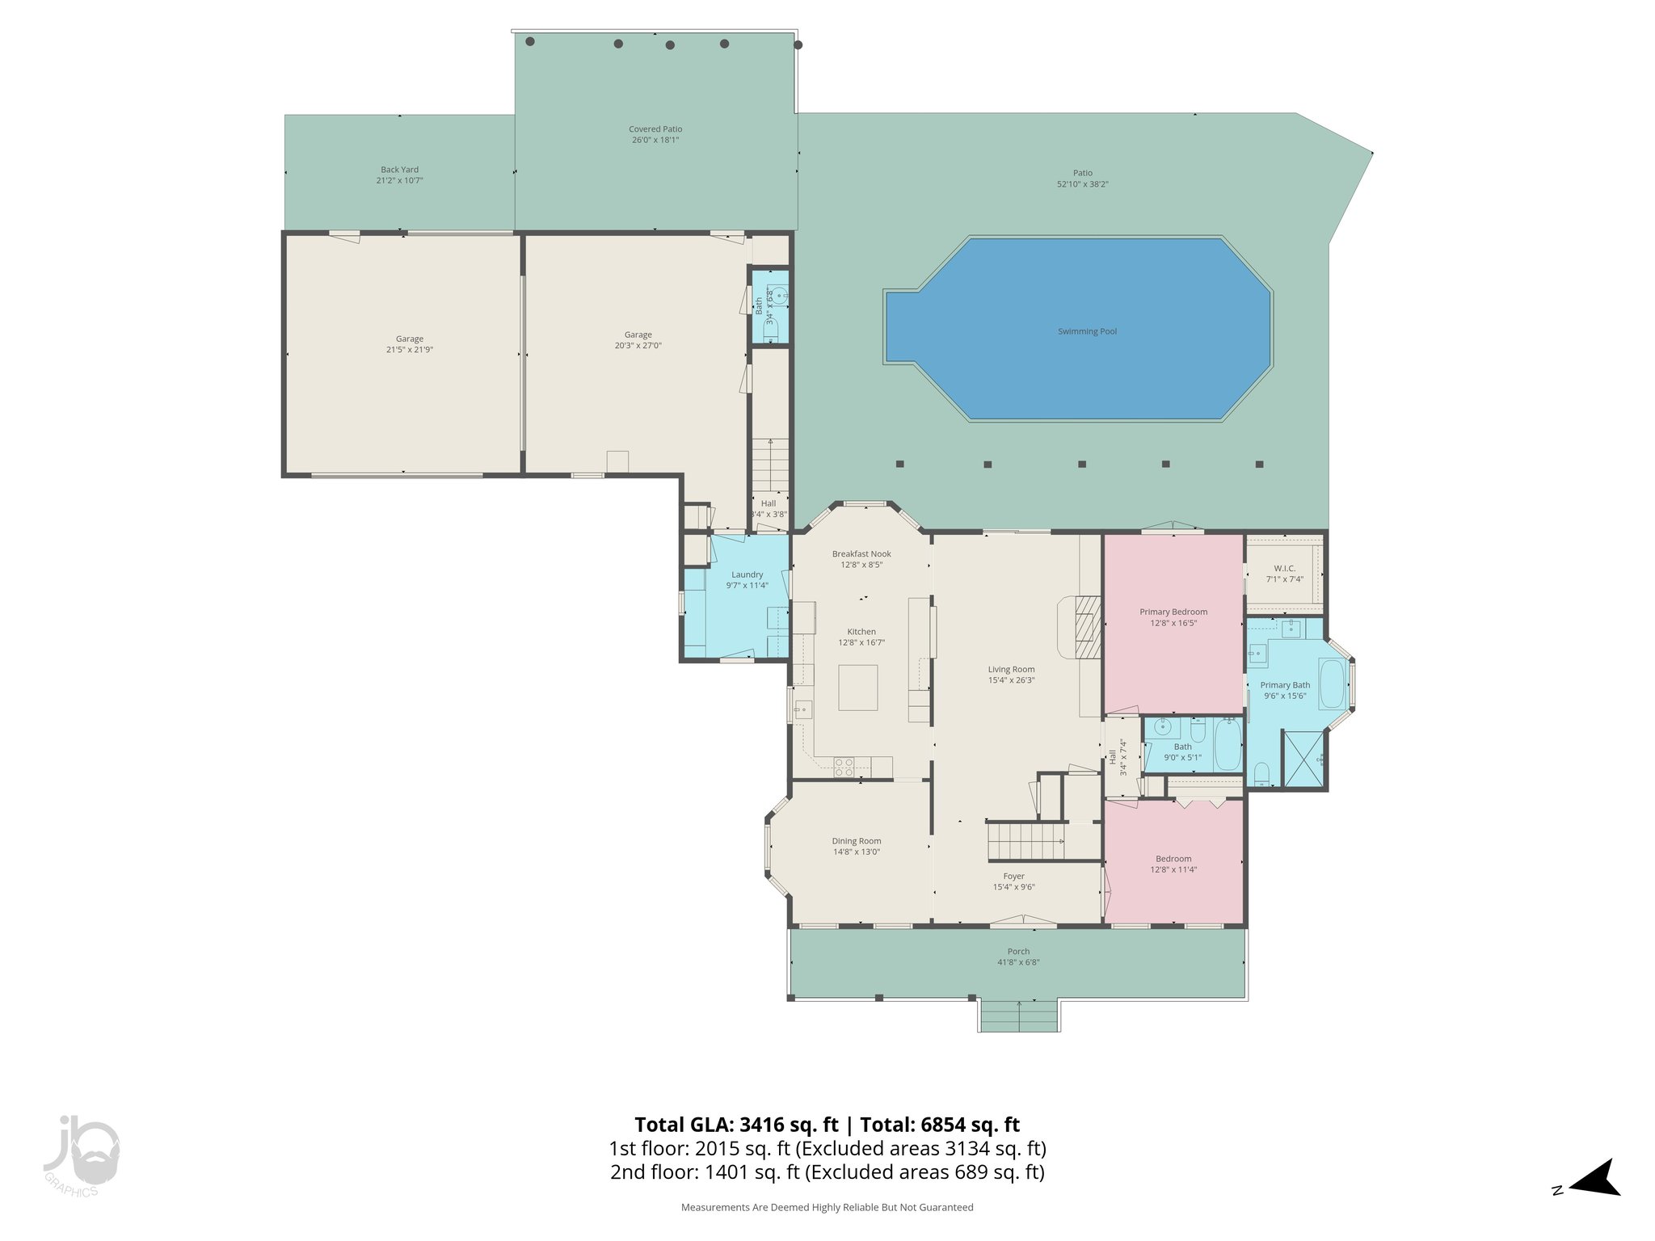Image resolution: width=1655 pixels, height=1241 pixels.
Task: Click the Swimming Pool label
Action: (1087, 331)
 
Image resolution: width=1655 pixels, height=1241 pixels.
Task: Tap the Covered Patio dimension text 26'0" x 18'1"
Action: (655, 140)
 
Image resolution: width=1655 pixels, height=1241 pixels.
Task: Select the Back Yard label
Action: (399, 170)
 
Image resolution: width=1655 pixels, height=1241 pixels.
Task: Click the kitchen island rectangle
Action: (857, 687)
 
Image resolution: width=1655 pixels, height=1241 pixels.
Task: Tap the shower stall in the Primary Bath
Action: (1303, 758)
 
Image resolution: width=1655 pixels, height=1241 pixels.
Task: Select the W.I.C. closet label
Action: (1284, 568)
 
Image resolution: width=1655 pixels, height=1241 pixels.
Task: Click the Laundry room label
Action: (747, 574)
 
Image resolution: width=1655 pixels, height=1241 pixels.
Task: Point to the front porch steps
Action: (1019, 1016)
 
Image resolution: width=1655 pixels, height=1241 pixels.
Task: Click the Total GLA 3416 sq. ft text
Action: (736, 1125)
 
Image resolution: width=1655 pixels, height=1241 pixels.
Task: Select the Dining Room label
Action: (857, 841)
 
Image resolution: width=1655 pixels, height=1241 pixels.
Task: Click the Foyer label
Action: (1013, 876)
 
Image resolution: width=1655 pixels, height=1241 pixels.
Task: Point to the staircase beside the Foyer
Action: (1025, 842)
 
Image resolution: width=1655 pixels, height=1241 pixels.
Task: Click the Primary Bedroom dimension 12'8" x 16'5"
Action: (1173, 623)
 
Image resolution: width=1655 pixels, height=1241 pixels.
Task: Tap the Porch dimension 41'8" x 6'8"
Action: (1018, 962)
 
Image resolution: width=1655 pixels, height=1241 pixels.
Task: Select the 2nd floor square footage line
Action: (827, 1172)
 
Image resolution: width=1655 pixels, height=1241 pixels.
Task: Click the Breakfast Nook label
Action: (861, 553)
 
